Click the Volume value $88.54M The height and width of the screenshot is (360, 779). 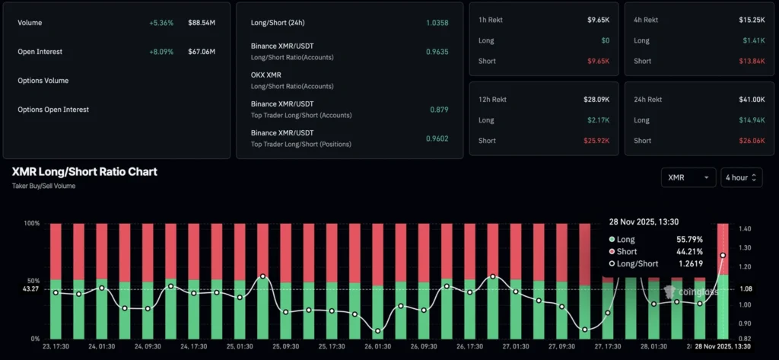pos(202,23)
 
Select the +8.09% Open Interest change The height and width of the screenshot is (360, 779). pos(161,52)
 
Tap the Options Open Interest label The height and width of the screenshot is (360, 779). pos(53,110)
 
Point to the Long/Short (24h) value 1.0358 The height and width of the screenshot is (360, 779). pos(436,23)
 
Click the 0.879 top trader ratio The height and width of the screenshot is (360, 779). pos(439,109)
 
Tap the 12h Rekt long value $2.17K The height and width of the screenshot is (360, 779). pos(598,120)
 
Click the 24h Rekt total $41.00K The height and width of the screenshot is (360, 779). pos(751,99)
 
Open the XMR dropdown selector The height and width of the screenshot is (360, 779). pos(688,177)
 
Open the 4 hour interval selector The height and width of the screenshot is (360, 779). pos(741,177)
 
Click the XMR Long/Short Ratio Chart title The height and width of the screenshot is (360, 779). pos(84,172)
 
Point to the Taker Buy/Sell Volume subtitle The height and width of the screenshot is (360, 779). pos(43,186)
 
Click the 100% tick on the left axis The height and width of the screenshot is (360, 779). pos(33,224)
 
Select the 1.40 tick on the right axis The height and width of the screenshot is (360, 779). pos(745,228)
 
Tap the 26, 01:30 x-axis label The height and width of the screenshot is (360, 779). pos(377,346)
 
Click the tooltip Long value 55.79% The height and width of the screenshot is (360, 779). pos(690,240)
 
